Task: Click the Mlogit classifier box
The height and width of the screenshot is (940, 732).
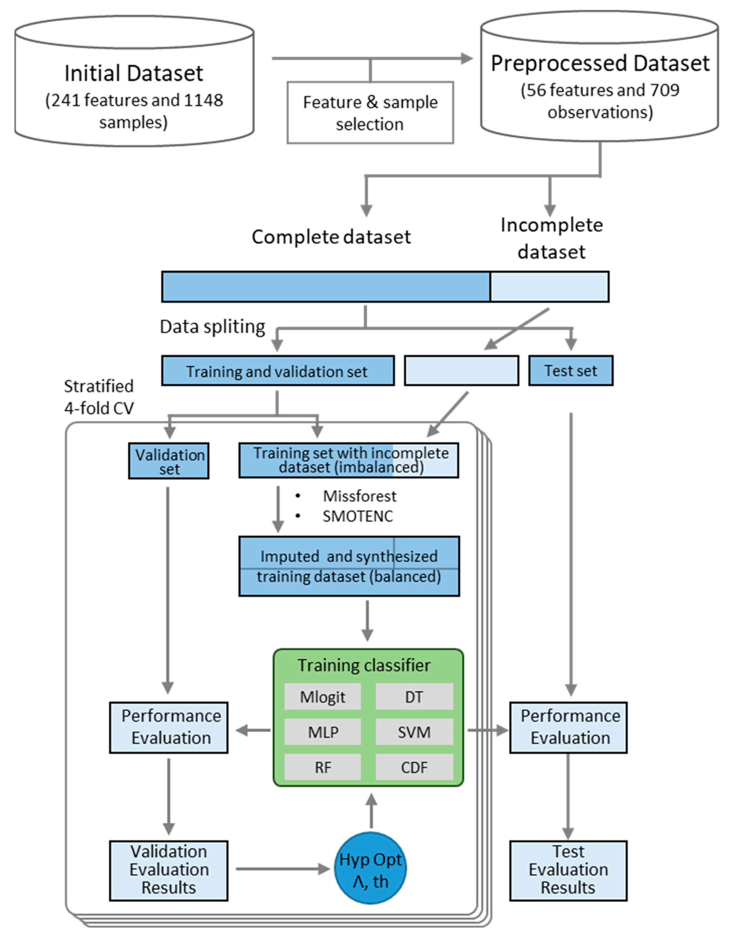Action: (x=323, y=697)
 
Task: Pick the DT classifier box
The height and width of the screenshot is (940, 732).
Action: (x=414, y=697)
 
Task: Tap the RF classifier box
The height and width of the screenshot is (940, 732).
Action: (x=323, y=767)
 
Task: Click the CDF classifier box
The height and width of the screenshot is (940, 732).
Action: (x=414, y=767)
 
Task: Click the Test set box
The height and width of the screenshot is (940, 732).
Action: (x=571, y=371)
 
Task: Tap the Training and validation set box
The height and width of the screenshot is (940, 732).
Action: (x=278, y=371)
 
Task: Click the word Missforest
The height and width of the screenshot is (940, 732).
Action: (x=360, y=496)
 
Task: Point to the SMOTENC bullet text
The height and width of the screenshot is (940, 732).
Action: (x=358, y=516)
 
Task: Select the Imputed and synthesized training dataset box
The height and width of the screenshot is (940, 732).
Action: (x=349, y=566)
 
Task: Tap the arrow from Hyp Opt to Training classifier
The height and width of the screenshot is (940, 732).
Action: (x=371, y=811)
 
